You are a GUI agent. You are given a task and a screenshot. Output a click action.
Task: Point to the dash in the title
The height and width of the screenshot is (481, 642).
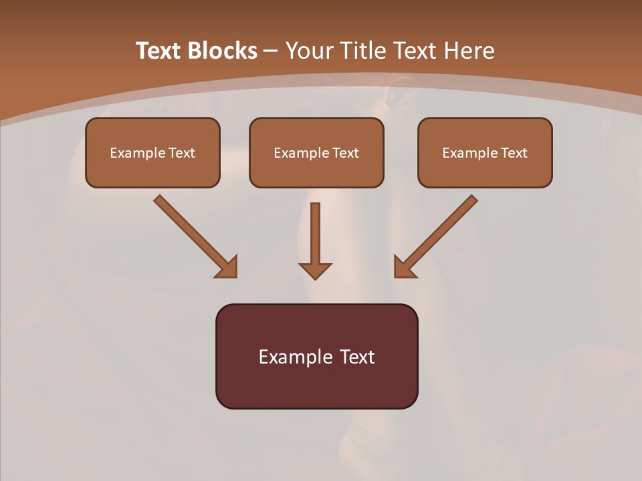click(271, 51)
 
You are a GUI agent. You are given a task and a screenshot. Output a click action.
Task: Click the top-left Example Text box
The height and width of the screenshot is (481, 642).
click(152, 152)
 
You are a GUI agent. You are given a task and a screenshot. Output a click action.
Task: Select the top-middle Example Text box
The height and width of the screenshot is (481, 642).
click(316, 152)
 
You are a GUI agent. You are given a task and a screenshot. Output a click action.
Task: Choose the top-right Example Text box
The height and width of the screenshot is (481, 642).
click(485, 152)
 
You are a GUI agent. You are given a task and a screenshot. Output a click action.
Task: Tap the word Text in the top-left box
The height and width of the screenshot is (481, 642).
click(181, 152)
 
